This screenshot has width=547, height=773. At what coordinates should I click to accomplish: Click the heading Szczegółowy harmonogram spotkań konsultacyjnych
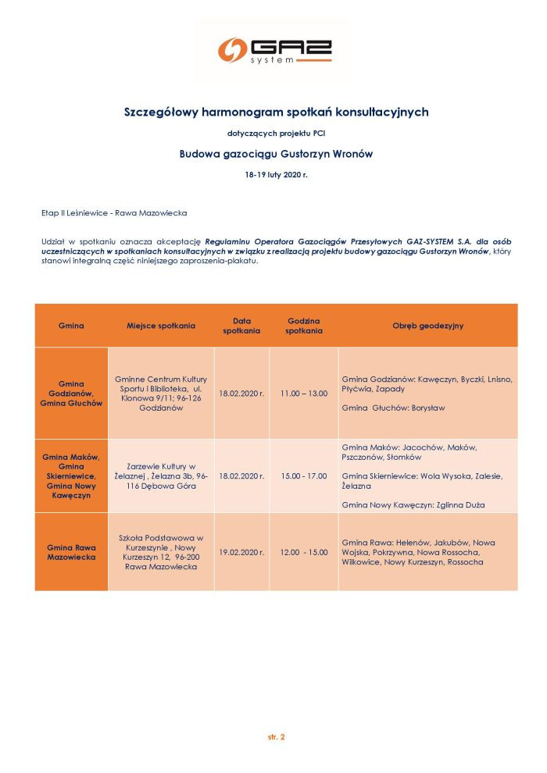(x=277, y=112)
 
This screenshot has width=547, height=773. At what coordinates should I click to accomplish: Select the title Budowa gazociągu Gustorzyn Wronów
(x=276, y=154)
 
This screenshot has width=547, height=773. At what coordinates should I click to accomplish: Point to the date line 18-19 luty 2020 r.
(x=276, y=175)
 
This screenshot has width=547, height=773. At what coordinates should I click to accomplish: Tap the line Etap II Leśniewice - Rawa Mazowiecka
(x=114, y=212)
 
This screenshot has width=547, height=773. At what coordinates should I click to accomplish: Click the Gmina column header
(x=71, y=326)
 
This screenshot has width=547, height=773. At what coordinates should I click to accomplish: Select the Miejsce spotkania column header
(x=161, y=326)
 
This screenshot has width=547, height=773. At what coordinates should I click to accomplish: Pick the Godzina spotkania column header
(x=304, y=326)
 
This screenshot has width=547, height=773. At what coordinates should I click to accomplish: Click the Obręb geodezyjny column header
(x=427, y=326)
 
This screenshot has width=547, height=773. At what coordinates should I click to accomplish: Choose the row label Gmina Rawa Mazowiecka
(x=71, y=552)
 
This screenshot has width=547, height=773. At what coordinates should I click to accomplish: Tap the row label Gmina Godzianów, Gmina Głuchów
(x=71, y=394)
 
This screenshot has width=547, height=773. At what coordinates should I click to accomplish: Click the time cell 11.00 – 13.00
(x=304, y=394)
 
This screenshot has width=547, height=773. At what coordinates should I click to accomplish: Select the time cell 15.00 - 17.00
(x=304, y=476)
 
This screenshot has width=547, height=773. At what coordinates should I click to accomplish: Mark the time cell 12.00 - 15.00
(x=304, y=552)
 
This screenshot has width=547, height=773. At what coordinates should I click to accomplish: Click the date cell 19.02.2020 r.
(x=241, y=552)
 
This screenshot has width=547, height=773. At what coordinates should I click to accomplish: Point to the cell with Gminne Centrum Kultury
(x=161, y=394)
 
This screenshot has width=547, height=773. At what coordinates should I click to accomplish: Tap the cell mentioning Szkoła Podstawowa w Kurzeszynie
(x=161, y=552)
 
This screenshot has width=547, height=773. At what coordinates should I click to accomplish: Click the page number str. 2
(x=277, y=736)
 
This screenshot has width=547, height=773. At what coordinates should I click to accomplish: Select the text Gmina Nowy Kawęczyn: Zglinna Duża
(x=413, y=505)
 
